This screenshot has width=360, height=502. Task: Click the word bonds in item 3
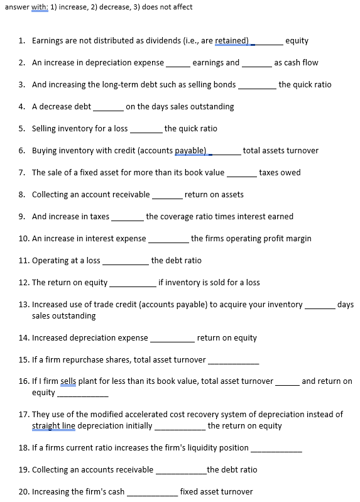point(224,85)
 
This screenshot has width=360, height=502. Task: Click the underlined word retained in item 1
point(232,41)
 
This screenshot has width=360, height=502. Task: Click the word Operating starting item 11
point(53,261)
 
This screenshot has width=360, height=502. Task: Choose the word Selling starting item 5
point(45,129)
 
